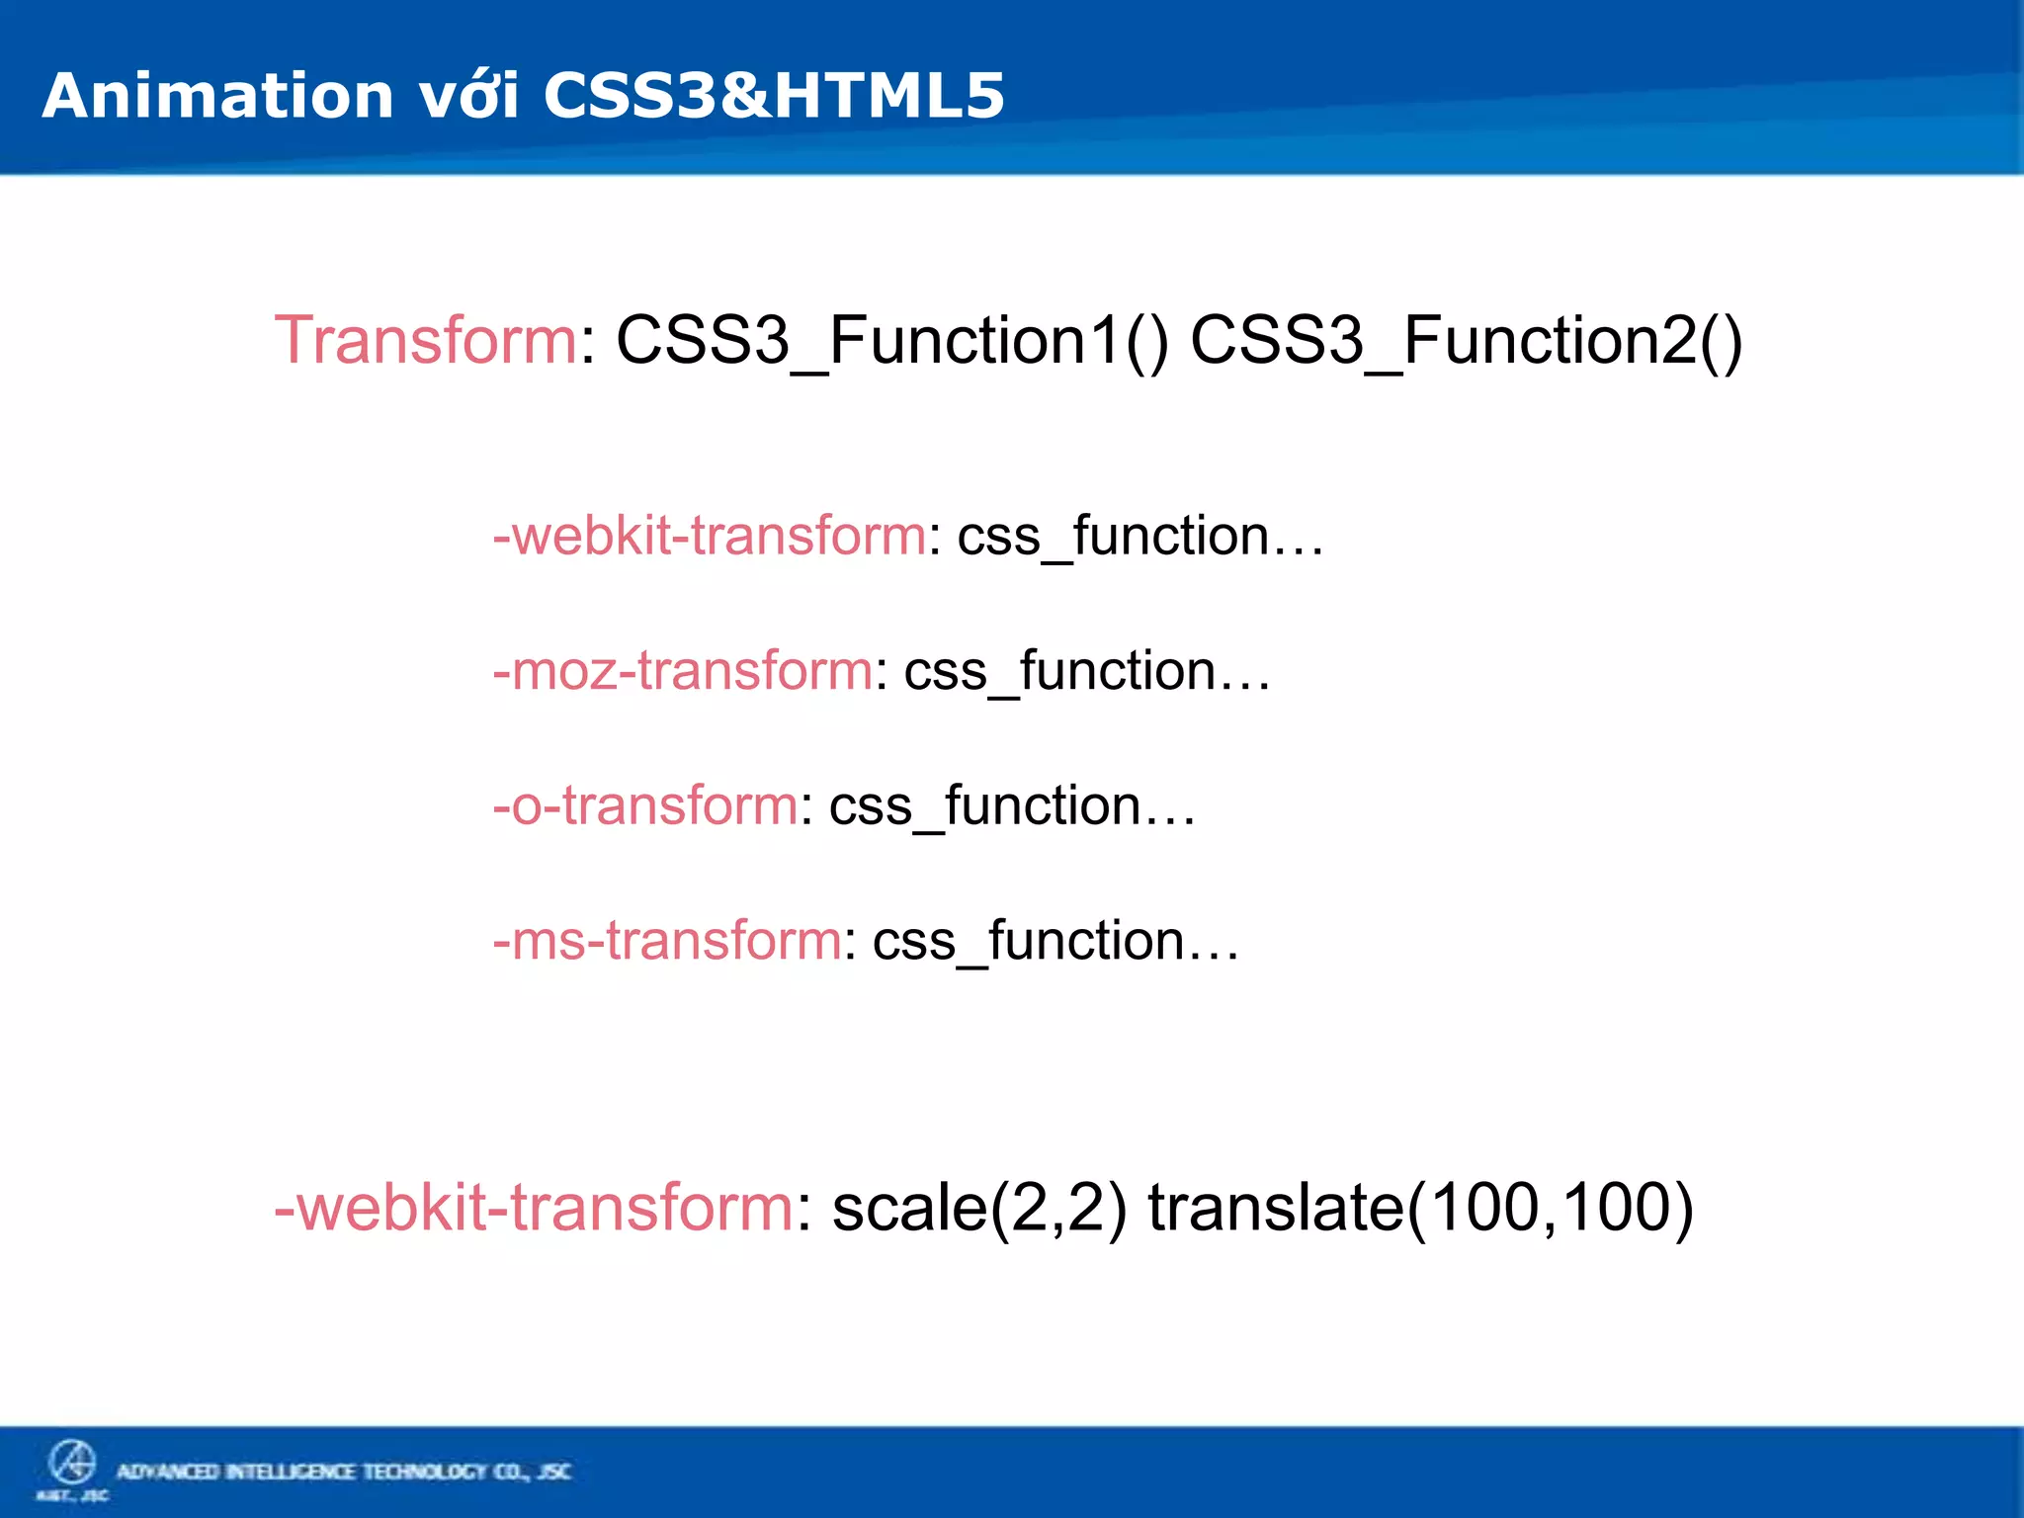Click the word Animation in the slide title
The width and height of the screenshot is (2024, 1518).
click(x=217, y=96)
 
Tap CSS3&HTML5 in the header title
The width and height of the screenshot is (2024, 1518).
click(x=773, y=96)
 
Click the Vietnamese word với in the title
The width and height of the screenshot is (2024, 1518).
click(x=468, y=96)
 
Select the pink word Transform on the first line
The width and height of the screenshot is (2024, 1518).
click(x=425, y=340)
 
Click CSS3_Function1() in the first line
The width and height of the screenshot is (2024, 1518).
click(x=891, y=340)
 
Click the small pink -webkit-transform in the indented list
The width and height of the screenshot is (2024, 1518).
click(x=710, y=536)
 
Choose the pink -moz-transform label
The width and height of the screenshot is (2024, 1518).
click(x=683, y=670)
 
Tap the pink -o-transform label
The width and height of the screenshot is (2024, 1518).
click(x=645, y=804)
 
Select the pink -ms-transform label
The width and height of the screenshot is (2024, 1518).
click(x=667, y=940)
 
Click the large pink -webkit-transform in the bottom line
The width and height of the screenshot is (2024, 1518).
click(x=534, y=1208)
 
